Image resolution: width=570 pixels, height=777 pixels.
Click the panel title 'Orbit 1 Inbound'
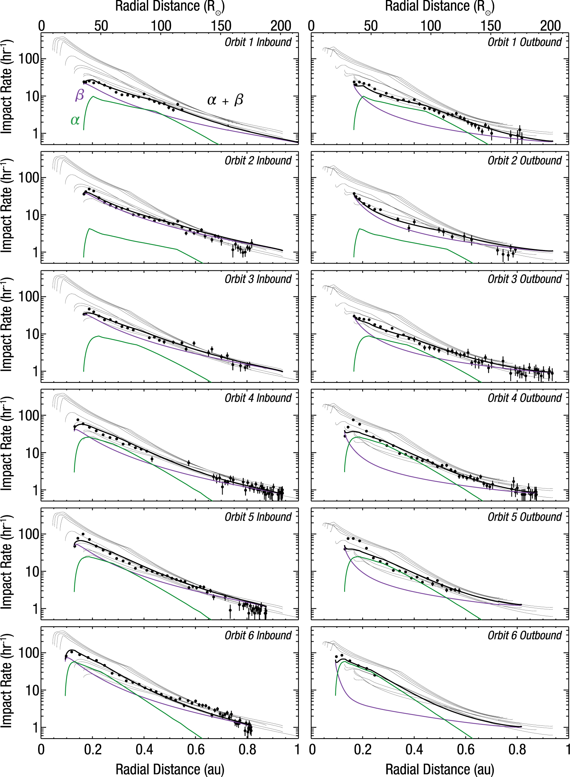coord(258,42)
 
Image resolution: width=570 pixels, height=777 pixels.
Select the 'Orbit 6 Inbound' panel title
coord(258,635)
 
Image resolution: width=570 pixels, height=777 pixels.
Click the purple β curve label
coord(80,95)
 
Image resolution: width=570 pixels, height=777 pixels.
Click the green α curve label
coord(75,120)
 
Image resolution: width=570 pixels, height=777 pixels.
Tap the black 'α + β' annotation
coord(225,100)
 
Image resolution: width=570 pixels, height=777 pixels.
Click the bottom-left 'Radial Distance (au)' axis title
coord(170,769)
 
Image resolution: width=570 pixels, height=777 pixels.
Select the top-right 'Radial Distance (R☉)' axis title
coord(439,7)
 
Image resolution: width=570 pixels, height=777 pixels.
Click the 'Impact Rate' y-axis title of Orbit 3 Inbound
coord(7,325)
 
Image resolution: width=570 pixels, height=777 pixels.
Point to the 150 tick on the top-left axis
coord(221,26)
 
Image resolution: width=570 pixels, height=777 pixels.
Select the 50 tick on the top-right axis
coord(371,26)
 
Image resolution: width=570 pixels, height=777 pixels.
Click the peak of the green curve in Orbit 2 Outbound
coord(359,229)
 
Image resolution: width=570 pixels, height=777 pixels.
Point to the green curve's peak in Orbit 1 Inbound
coord(93,97)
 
